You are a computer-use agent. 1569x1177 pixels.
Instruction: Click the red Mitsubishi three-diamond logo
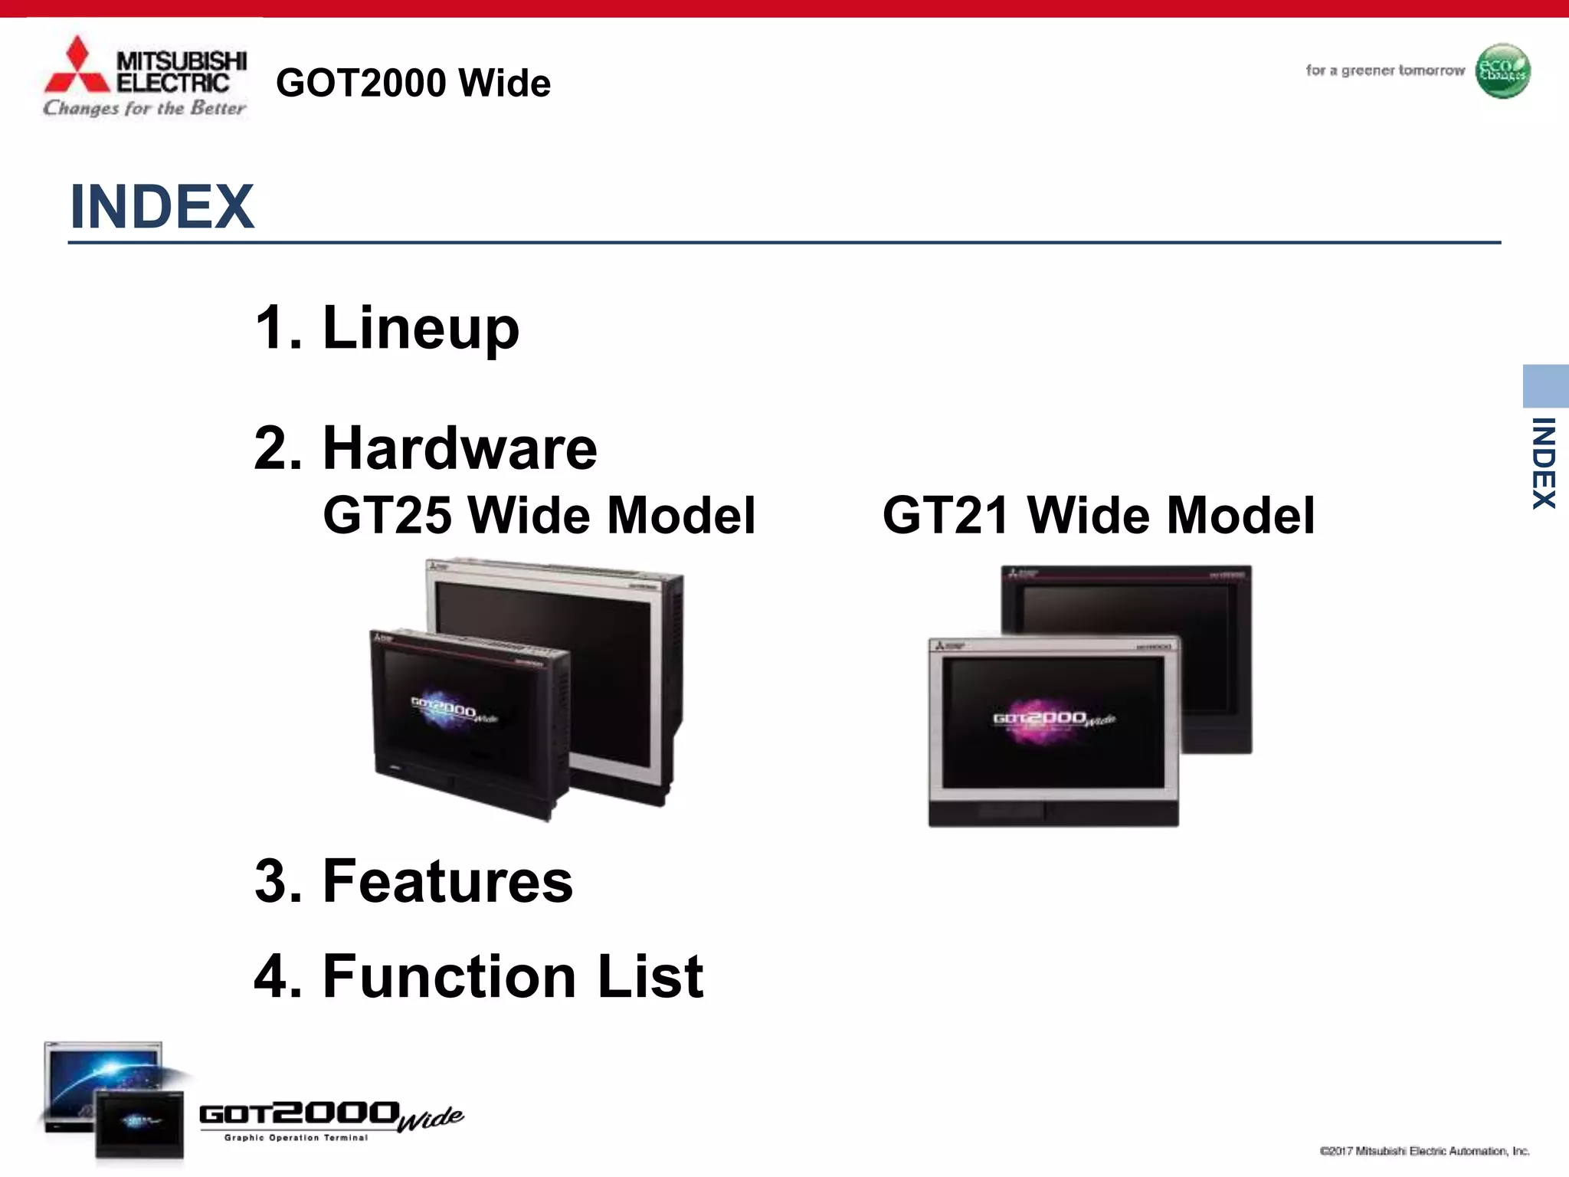click(77, 67)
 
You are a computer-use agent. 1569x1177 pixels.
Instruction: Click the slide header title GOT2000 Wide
click(413, 83)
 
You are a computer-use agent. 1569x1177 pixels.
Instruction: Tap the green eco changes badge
click(1502, 71)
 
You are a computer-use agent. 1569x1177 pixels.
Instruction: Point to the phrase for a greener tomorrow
click(1384, 70)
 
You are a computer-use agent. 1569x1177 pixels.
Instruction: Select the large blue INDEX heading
click(162, 207)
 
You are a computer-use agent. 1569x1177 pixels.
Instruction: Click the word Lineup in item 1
click(421, 328)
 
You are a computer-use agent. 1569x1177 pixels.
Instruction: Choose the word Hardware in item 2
click(460, 448)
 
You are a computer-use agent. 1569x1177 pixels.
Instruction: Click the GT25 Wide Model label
click(539, 515)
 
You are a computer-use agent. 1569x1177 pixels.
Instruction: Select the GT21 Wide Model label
click(1098, 515)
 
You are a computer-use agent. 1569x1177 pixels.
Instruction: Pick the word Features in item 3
click(447, 881)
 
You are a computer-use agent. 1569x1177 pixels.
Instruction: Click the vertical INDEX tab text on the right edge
click(1543, 463)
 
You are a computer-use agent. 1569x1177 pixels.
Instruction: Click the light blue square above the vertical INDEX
click(1545, 385)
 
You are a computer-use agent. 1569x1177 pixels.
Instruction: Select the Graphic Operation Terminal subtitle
click(296, 1138)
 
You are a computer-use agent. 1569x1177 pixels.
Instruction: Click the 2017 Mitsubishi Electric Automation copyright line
click(1424, 1151)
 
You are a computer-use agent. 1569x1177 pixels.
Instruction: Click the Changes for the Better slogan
click(144, 108)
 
